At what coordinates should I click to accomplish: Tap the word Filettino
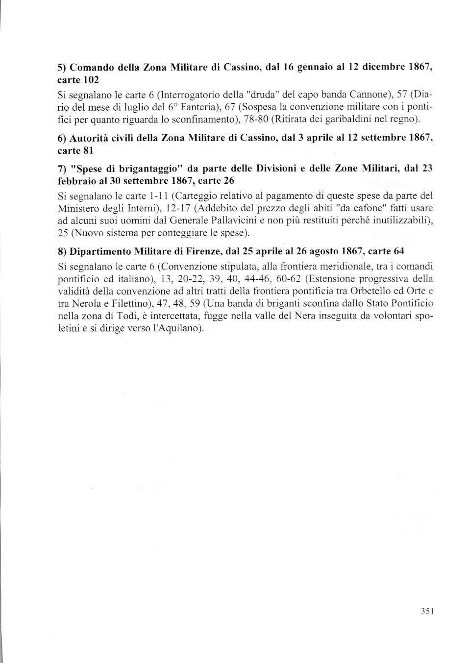pyautogui.click(x=132, y=304)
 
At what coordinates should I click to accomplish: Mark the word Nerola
pyautogui.click(x=83, y=304)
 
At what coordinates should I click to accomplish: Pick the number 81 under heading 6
pyautogui.click(x=88, y=151)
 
